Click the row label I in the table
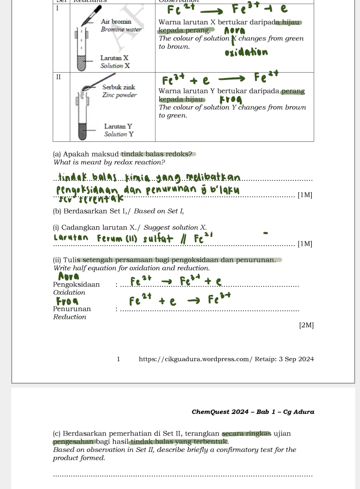[x=57, y=9]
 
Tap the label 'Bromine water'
[x=121, y=30]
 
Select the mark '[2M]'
[x=306, y=325]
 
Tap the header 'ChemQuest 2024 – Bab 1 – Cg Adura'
[x=253, y=411]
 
